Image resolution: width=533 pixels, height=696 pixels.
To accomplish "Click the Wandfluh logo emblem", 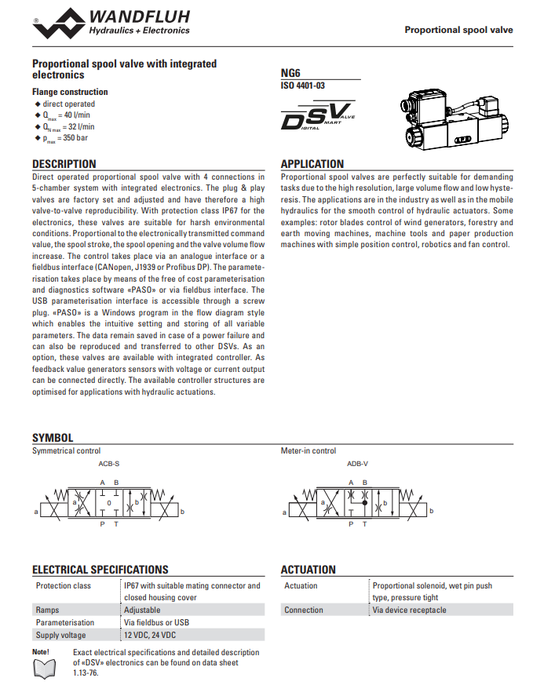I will coord(60,23).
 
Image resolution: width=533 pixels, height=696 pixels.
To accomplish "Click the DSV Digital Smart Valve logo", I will coord(317,117).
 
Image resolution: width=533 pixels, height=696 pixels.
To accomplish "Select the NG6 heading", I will coord(290,73).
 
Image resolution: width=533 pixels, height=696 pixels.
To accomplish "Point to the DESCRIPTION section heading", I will coord(64,164).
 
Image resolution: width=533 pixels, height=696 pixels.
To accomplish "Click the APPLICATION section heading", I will coord(312,164).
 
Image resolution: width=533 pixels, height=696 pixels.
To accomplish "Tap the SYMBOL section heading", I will coord(53,438).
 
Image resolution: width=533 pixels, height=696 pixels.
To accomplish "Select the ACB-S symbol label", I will coord(109,465).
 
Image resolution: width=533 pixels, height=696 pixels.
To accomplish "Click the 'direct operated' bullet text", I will coord(69,104).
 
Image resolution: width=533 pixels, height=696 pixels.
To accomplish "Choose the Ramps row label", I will coord(48,610).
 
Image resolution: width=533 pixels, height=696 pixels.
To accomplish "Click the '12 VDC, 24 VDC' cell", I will coord(150,635).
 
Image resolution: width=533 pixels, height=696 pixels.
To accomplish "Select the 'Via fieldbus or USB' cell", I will coord(157,622).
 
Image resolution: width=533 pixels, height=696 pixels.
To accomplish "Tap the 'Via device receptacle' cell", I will coord(409,610).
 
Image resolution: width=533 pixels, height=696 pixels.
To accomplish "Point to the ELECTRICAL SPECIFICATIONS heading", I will coord(100,570).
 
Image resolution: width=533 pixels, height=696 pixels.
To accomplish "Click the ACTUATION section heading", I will coord(308,570).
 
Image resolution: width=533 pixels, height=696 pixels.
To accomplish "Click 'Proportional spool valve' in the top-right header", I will coord(458,30).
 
